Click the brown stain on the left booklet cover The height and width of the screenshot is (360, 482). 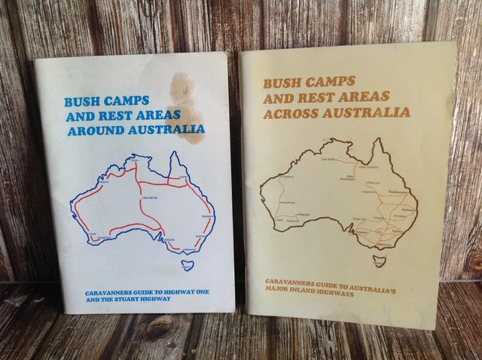point(186,105)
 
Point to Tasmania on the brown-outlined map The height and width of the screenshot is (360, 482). point(380,261)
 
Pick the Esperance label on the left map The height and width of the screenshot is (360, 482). point(103,239)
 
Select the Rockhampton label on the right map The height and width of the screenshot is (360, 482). point(401,192)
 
